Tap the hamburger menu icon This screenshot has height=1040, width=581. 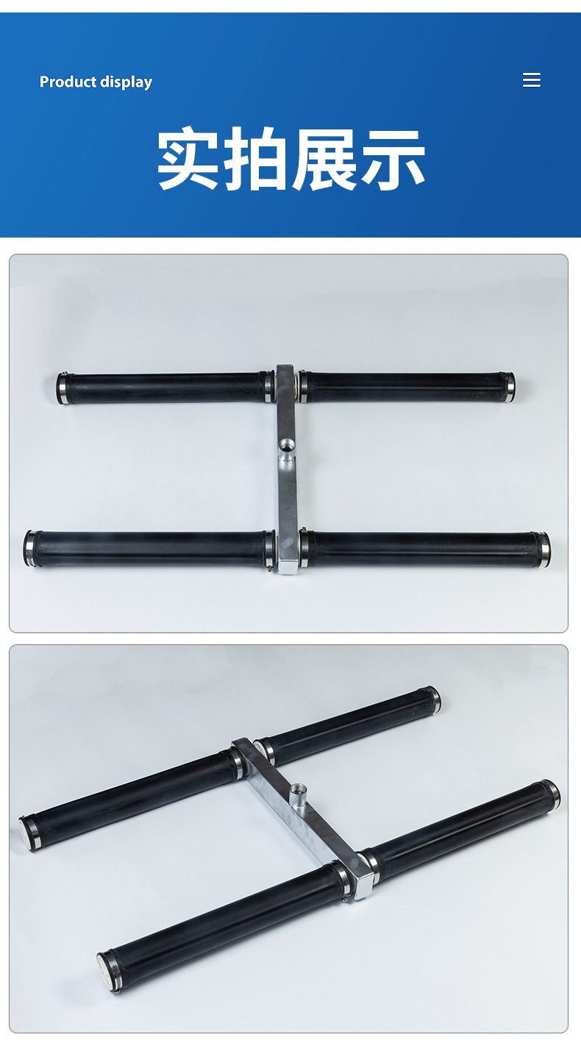[x=531, y=80]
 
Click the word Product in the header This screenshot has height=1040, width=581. [x=68, y=82]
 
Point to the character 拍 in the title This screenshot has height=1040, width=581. [x=255, y=158]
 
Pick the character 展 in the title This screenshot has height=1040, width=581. [x=324, y=158]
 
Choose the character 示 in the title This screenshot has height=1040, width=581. [x=393, y=158]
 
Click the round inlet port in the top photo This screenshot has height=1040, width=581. [x=287, y=449]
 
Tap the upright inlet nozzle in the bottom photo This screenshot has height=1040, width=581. [x=297, y=797]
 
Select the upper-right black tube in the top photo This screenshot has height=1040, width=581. [x=407, y=387]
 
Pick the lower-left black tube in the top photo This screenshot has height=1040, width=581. [x=149, y=549]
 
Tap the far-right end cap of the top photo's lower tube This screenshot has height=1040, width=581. [x=543, y=549]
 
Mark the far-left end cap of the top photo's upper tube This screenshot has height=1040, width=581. [x=63, y=388]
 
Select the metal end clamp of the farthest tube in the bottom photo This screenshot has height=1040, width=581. [x=433, y=699]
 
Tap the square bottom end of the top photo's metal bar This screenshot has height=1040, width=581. [x=288, y=566]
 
